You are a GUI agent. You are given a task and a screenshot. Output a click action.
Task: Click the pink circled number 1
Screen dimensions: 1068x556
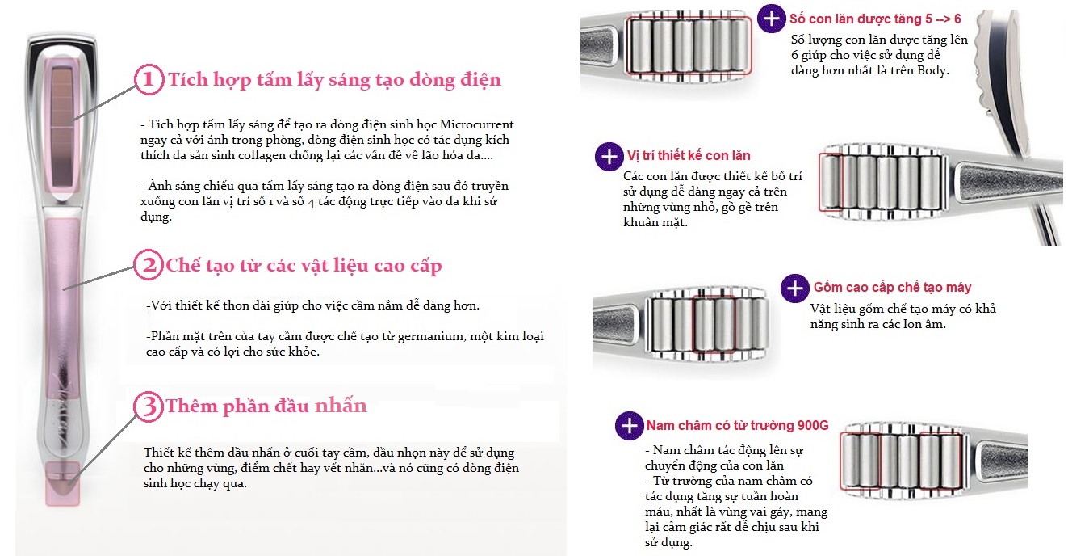[149, 80]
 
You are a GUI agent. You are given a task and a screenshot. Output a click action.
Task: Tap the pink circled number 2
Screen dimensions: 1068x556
[149, 264]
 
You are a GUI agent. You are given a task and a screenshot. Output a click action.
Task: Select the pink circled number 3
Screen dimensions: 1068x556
[149, 406]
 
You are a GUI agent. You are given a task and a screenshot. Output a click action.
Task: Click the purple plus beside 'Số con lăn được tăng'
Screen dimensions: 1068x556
[772, 19]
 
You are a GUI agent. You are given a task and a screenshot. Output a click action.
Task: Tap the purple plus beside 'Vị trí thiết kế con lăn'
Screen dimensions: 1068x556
[609, 157]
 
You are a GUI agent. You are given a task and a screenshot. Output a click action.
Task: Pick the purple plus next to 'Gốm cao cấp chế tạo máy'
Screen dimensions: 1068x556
[795, 289]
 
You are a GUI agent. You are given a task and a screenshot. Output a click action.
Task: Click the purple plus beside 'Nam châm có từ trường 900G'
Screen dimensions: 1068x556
[630, 426]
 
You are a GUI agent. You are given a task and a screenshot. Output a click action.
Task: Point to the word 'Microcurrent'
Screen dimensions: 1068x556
[477, 124]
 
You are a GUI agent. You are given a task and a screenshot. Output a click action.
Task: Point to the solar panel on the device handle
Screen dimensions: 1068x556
[61, 127]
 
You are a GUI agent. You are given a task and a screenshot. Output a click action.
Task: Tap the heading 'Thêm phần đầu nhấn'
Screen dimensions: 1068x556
[266, 406]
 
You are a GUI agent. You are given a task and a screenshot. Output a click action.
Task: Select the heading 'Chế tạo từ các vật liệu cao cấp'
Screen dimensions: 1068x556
[304, 265]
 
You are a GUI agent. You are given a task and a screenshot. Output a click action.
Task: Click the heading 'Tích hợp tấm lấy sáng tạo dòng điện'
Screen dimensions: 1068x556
[335, 80]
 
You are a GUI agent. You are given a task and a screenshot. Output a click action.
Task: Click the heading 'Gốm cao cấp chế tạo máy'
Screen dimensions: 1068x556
[892, 288]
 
